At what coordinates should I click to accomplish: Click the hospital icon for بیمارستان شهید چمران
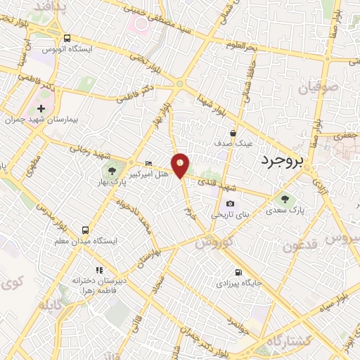[x=41, y=109]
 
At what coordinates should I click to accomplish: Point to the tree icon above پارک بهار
[x=112, y=171]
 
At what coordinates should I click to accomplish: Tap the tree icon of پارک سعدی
[x=285, y=198]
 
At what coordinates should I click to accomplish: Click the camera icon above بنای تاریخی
[x=231, y=204]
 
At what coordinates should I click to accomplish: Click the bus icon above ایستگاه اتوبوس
[x=67, y=39]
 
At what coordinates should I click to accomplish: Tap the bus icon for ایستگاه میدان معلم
[x=86, y=230]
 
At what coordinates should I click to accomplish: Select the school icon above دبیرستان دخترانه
[x=99, y=270]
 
